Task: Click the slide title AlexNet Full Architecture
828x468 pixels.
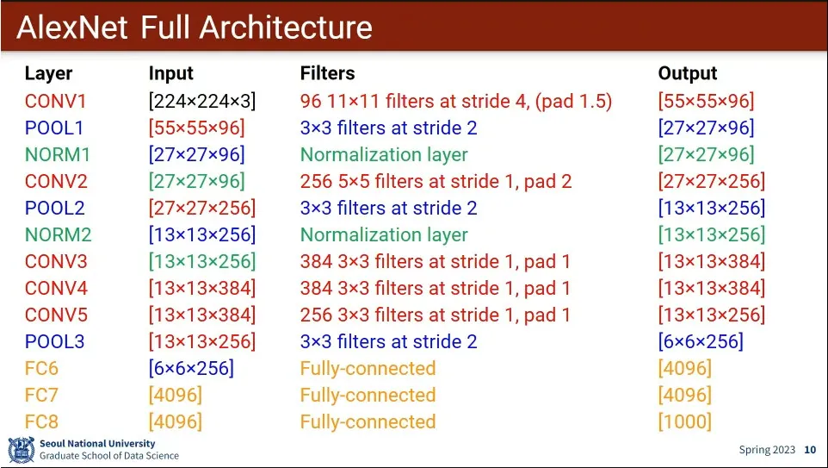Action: pyautogui.click(x=195, y=28)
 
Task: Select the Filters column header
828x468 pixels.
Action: pyautogui.click(x=327, y=73)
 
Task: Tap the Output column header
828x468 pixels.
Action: pyautogui.click(x=687, y=73)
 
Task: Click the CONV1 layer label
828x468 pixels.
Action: pyautogui.click(x=56, y=101)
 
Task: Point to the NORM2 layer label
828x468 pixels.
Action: pyautogui.click(x=58, y=234)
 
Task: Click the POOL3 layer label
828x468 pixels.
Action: pyautogui.click(x=54, y=341)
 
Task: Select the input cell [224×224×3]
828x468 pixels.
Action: pyautogui.click(x=202, y=101)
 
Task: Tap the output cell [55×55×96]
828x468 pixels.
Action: pyautogui.click(x=706, y=101)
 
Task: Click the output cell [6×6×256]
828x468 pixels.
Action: pyautogui.click(x=701, y=341)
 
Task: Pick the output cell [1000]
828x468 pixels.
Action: pyautogui.click(x=684, y=421)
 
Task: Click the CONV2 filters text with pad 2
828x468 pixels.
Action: pyautogui.click(x=436, y=181)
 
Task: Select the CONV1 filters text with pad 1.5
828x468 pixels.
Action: pyautogui.click(x=456, y=101)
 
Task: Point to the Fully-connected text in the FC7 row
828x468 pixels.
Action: pyautogui.click(x=368, y=395)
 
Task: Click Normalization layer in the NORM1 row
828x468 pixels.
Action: pyautogui.click(x=384, y=154)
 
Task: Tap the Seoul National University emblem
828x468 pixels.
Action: pyautogui.click(x=21, y=450)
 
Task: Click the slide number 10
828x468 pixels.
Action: pyautogui.click(x=810, y=450)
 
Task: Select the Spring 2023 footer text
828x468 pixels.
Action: pyautogui.click(x=767, y=450)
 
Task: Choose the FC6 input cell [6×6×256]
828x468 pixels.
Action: pyautogui.click(x=191, y=368)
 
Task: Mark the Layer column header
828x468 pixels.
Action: pyautogui.click(x=48, y=73)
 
